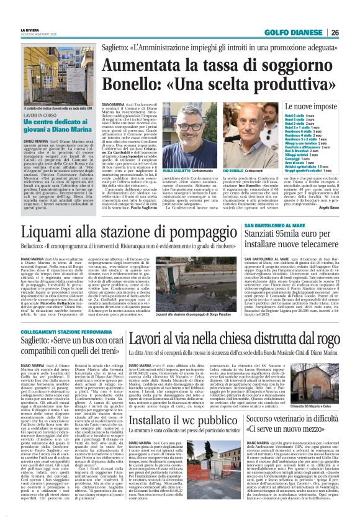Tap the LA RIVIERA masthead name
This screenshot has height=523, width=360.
pos(29,29)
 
